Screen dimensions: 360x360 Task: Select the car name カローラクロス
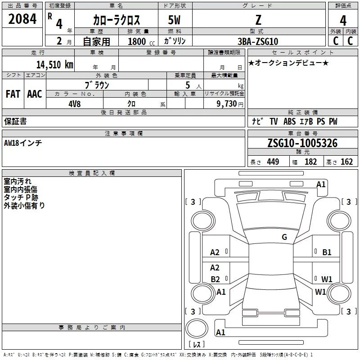click(116, 20)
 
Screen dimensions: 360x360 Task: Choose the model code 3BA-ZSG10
click(258, 41)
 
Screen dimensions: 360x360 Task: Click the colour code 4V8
click(75, 103)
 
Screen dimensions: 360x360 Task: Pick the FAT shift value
click(13, 94)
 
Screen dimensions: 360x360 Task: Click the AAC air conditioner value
click(35, 94)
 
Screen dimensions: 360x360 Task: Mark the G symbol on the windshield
click(284, 237)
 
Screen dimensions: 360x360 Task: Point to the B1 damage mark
click(327, 252)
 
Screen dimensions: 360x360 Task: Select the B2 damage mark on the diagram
click(215, 279)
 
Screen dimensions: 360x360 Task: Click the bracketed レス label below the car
click(196, 344)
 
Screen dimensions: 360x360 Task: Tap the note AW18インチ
click(23, 143)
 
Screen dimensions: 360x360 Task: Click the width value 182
click(310, 162)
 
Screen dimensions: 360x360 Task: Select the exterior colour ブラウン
click(97, 85)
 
